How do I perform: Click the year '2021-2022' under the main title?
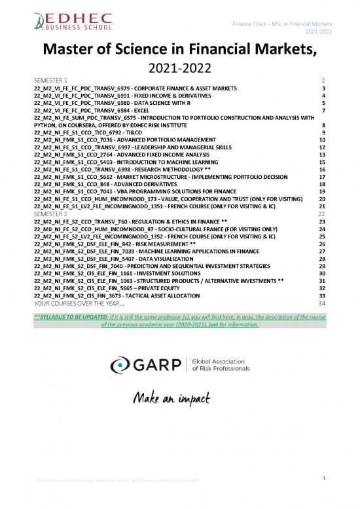(x=180, y=67)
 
